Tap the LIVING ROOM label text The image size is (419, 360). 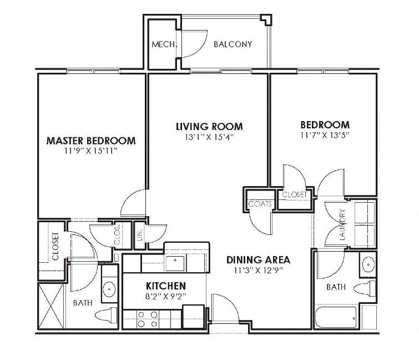[x=209, y=127]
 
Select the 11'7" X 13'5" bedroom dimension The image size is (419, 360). [x=325, y=134]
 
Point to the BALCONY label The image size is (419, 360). [x=233, y=44]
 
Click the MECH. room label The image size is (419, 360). [x=164, y=44]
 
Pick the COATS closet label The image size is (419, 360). [x=260, y=204]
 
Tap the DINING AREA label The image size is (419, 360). [x=259, y=260]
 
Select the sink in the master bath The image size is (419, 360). [x=109, y=289]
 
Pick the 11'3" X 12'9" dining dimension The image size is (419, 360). [x=259, y=271]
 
